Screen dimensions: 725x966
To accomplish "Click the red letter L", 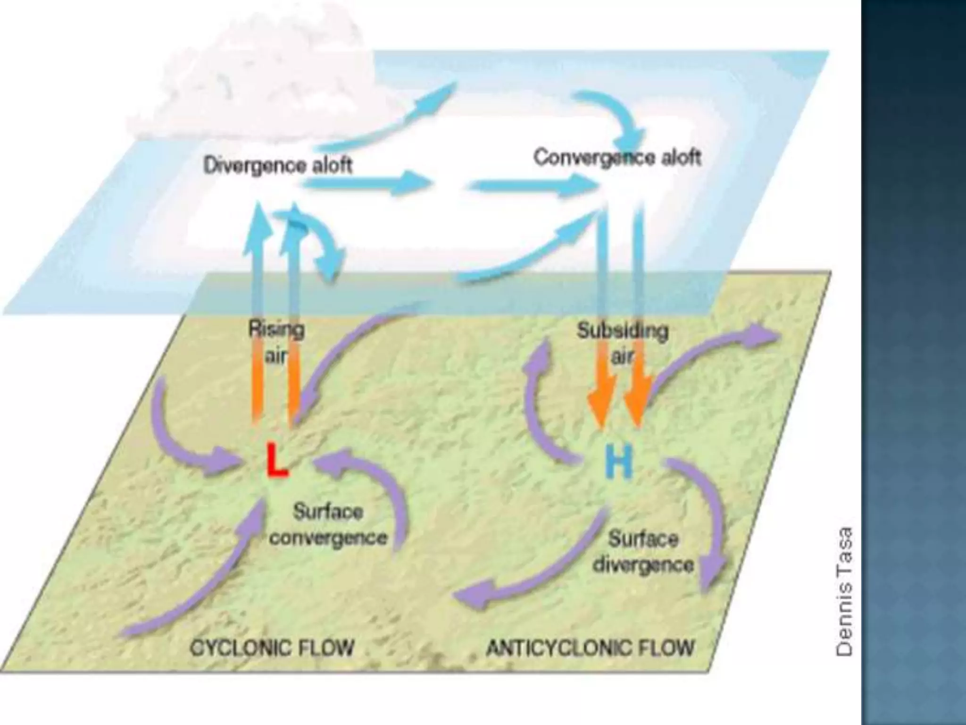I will tap(276, 460).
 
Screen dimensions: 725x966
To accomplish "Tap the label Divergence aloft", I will tap(278, 166).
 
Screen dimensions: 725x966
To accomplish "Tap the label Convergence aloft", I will tap(617, 157).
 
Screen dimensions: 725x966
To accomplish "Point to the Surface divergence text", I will tap(643, 551).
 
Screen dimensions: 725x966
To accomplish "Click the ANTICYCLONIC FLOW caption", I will tap(590, 648).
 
